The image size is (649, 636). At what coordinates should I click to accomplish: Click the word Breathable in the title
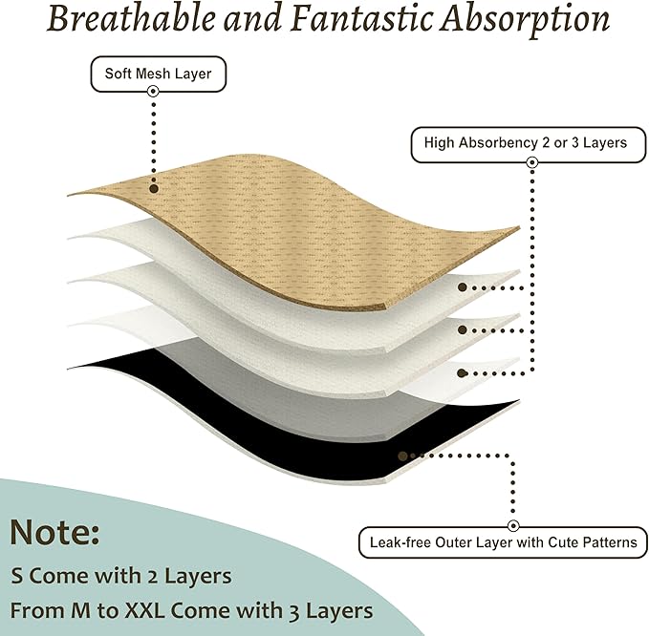131,19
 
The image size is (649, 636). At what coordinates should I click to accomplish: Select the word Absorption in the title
525,22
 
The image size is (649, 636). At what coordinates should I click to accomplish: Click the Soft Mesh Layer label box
158,74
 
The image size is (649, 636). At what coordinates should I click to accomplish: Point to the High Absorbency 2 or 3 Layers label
529,144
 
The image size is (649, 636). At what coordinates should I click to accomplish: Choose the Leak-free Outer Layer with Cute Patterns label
503,542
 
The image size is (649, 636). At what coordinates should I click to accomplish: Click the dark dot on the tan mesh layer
154,188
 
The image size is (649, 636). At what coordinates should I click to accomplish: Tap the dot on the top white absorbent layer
463,287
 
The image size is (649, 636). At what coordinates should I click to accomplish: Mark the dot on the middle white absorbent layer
463,330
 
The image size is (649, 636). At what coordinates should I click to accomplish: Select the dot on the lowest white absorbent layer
463,373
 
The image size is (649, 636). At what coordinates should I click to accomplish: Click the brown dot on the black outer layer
402,456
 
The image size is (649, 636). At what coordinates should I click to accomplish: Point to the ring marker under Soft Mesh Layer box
153,91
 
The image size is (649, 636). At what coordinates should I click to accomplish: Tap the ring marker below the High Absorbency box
532,162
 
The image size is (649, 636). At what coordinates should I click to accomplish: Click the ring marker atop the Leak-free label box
513,526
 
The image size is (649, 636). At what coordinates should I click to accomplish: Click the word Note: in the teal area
54,532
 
